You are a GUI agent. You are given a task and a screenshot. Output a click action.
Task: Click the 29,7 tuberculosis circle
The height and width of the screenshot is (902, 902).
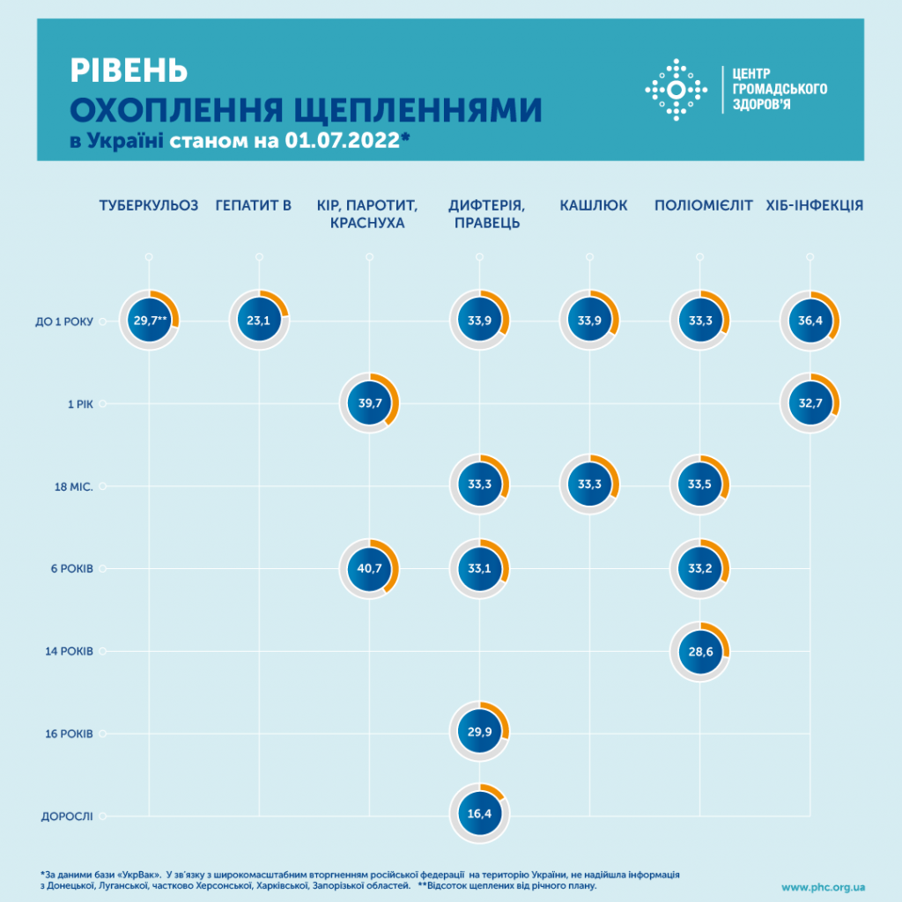pos(149,321)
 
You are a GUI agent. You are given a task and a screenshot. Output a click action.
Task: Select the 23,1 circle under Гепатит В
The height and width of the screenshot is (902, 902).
pos(259,321)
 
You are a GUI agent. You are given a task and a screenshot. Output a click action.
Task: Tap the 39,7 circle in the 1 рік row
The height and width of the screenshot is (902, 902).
pos(369,403)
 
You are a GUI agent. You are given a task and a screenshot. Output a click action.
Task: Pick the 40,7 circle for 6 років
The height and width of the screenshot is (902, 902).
pos(369,568)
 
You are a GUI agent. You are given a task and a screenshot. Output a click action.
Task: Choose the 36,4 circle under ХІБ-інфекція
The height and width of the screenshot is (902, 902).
pos(810,321)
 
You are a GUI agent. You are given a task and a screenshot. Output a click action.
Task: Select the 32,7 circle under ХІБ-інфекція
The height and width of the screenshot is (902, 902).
pos(810,403)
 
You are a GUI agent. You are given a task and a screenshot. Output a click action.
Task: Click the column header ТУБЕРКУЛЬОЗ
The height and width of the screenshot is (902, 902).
pos(149,206)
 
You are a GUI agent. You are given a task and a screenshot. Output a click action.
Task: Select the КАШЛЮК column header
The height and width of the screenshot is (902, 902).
pos(594,206)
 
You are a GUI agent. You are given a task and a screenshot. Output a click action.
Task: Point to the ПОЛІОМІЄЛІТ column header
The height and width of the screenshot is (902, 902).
pos(704,206)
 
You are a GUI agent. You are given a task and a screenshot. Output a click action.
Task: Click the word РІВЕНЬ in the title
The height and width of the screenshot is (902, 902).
pos(128,70)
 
